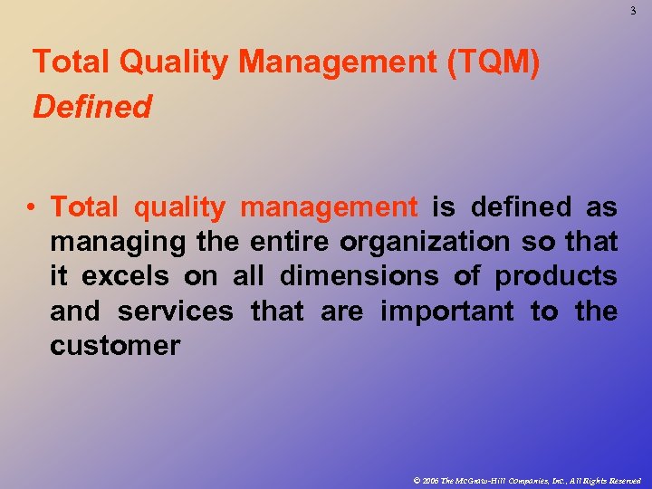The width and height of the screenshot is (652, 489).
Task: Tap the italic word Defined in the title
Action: click(x=91, y=107)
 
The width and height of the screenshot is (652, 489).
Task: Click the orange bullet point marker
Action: click(x=32, y=207)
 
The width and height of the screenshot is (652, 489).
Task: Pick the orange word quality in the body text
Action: click(x=179, y=207)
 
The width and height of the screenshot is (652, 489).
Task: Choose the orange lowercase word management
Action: click(x=329, y=207)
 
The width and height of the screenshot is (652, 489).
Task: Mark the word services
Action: click(x=175, y=311)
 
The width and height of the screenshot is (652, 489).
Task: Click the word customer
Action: click(x=115, y=345)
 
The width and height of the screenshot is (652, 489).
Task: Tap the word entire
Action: click(x=291, y=242)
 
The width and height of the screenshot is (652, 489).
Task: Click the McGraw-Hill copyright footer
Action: click(x=525, y=480)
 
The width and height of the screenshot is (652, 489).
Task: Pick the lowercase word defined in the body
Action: click(x=521, y=207)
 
